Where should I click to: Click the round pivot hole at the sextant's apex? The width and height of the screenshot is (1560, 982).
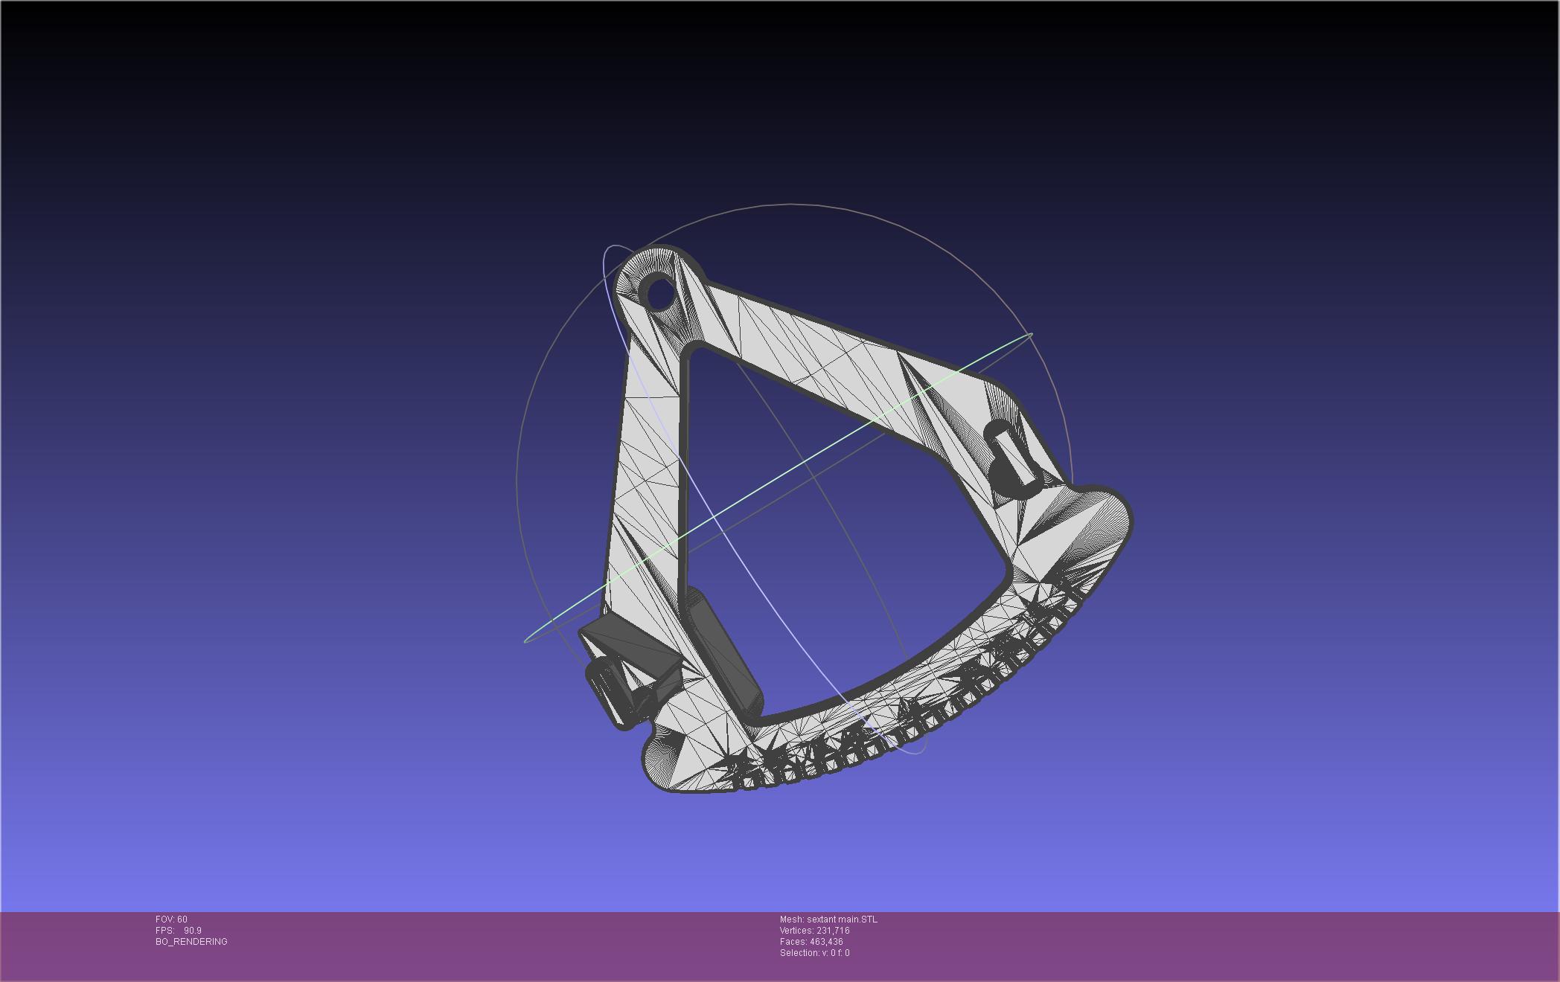[659, 293]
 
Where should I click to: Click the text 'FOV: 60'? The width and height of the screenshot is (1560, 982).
[172, 920]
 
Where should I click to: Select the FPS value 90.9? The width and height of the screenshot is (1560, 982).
[193, 931]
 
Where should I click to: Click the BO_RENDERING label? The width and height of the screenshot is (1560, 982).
[191, 942]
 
